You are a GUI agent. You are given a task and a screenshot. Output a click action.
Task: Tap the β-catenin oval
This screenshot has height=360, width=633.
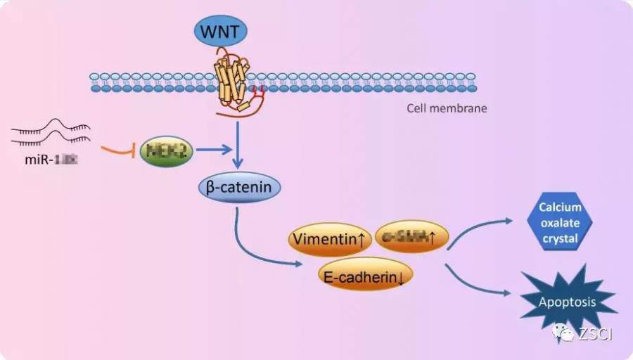point(239,188)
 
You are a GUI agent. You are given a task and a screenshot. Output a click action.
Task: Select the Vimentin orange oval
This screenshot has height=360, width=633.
point(330,240)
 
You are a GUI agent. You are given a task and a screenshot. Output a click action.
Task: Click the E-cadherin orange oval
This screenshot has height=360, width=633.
point(365,277)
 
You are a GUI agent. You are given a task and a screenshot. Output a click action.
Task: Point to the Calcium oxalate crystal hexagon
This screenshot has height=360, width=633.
point(559,222)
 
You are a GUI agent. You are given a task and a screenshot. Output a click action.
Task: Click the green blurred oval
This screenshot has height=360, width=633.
point(167,150)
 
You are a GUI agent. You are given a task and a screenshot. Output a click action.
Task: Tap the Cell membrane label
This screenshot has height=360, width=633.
point(447,108)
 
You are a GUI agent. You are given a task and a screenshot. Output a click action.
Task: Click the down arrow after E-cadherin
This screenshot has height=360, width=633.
point(400,278)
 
